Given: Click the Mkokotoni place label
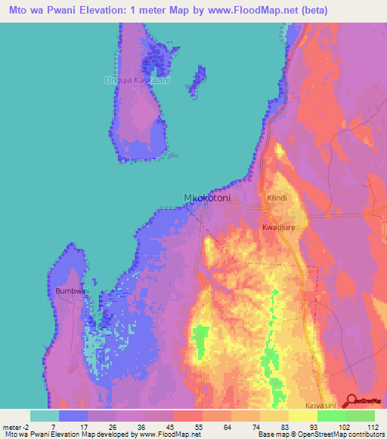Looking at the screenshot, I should pos(207,198).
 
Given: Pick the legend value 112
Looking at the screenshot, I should pos(371,427).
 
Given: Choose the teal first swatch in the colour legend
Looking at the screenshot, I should pos(45,416).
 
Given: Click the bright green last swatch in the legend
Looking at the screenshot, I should pos(361,416).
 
